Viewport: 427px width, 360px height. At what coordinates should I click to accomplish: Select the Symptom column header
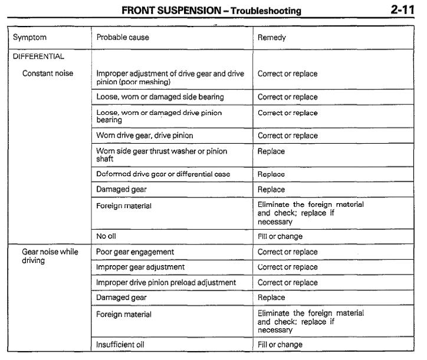click(29, 38)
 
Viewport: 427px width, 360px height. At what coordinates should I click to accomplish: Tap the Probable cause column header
click(123, 38)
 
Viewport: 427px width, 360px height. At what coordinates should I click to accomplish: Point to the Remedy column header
click(272, 38)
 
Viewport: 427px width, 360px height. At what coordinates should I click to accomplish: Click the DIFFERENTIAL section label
click(38, 57)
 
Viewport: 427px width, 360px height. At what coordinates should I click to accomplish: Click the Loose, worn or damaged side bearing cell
click(160, 97)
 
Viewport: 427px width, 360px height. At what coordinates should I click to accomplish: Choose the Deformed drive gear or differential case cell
click(163, 174)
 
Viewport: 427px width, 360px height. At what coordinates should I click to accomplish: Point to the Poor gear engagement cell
click(135, 252)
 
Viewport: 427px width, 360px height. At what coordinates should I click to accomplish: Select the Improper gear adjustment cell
click(140, 267)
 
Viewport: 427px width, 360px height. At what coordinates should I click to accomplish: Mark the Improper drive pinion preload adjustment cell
click(166, 283)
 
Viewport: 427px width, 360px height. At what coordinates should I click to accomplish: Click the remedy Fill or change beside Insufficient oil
click(280, 345)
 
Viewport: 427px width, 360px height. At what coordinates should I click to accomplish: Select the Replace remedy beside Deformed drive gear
click(271, 174)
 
